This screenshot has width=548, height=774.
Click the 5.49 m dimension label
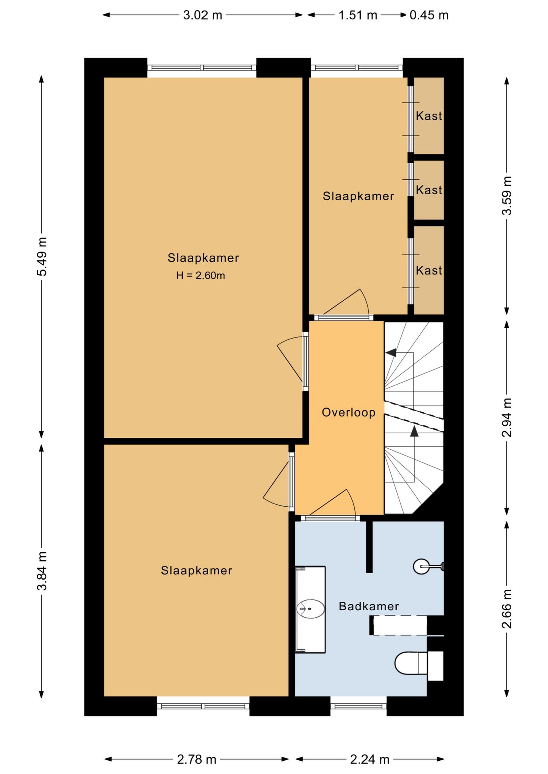click(x=42, y=256)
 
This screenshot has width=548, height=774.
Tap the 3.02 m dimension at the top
click(x=203, y=15)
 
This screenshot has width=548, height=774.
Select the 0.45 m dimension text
click(x=429, y=15)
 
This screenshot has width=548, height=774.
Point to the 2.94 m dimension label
click(x=507, y=417)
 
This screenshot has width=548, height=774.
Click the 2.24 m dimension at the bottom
click(x=370, y=759)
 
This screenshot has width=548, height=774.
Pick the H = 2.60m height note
click(x=201, y=276)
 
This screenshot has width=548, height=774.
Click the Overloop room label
click(x=349, y=412)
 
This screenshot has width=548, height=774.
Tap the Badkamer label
click(x=369, y=606)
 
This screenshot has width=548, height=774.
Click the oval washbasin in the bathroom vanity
click(x=311, y=609)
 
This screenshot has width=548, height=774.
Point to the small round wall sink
click(x=422, y=566)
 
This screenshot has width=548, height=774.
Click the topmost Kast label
click(x=429, y=116)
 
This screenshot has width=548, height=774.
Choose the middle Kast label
click(x=429, y=190)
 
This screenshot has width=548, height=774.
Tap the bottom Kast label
click(x=429, y=270)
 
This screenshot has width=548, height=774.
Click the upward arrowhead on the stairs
click(x=414, y=431)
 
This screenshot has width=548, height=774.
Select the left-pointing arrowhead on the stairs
click(x=391, y=353)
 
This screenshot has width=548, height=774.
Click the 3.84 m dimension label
click(x=42, y=571)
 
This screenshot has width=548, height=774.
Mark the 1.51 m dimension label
click(x=358, y=15)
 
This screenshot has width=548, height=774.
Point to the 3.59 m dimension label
click(x=507, y=196)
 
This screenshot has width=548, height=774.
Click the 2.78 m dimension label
click(x=197, y=759)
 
